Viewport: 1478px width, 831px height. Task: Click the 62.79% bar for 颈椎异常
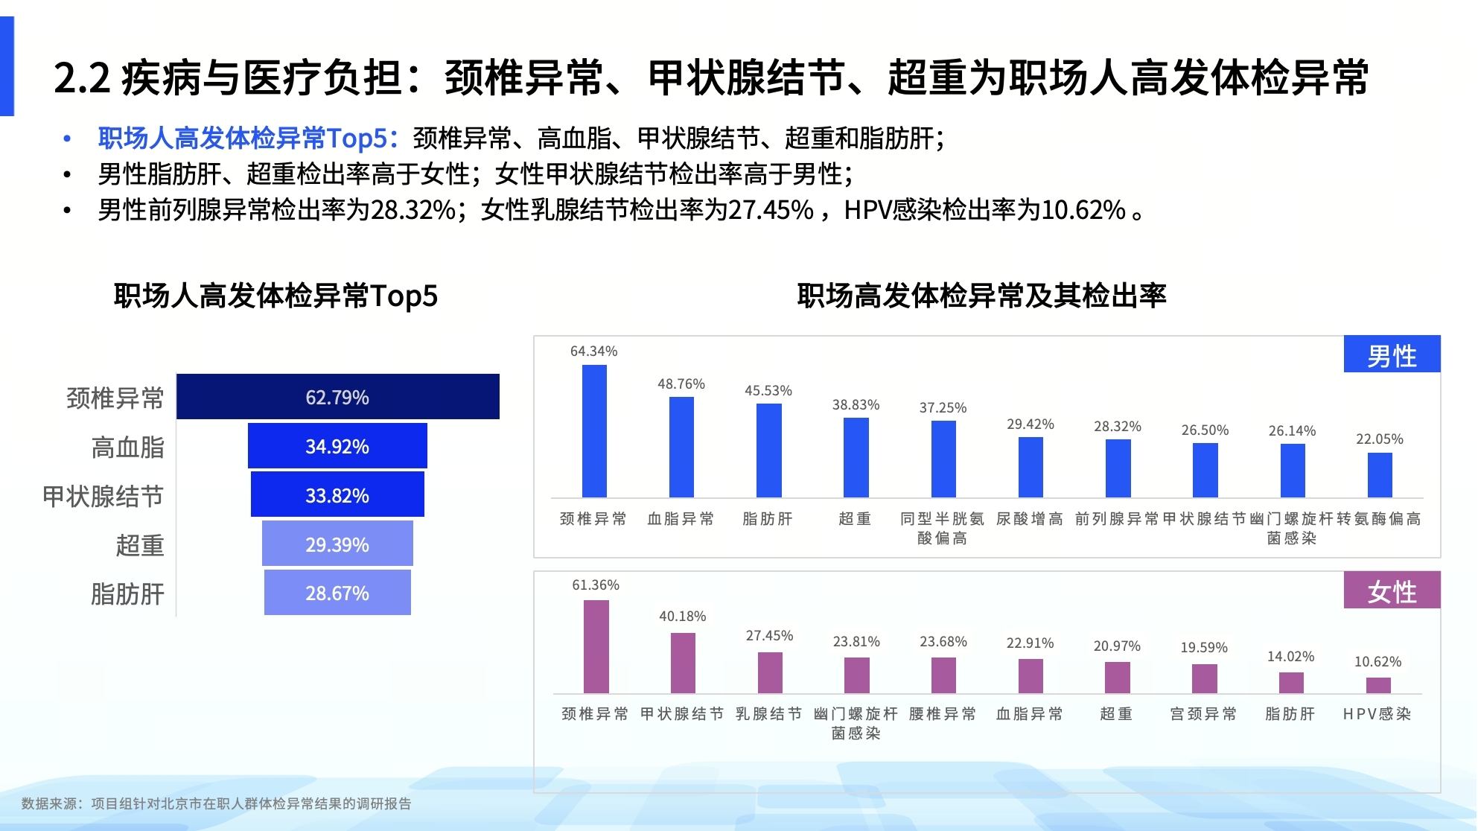337,397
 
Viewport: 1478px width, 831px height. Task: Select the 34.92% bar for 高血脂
337,446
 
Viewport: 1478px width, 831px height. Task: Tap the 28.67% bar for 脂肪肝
337,593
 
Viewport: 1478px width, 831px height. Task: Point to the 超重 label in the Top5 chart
139,545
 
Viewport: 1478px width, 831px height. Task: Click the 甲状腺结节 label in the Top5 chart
103,496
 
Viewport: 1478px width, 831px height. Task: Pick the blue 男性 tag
1391,355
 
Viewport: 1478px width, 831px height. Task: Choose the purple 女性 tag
1391,591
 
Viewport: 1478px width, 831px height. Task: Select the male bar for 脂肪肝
768,450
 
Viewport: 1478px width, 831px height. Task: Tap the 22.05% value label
1379,439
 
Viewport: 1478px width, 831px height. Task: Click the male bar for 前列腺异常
1118,468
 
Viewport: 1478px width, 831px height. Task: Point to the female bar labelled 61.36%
596,646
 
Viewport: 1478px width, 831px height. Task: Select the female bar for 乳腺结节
769,672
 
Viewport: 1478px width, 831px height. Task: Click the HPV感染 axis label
1377,714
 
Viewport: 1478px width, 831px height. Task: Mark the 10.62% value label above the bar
1377,661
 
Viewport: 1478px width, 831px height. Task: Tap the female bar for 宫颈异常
1204,678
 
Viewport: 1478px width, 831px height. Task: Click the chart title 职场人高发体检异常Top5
275,296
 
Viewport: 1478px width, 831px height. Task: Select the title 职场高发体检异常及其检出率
981,296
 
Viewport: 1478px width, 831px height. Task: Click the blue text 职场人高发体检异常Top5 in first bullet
243,138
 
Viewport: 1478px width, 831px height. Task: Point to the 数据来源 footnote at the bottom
216,803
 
